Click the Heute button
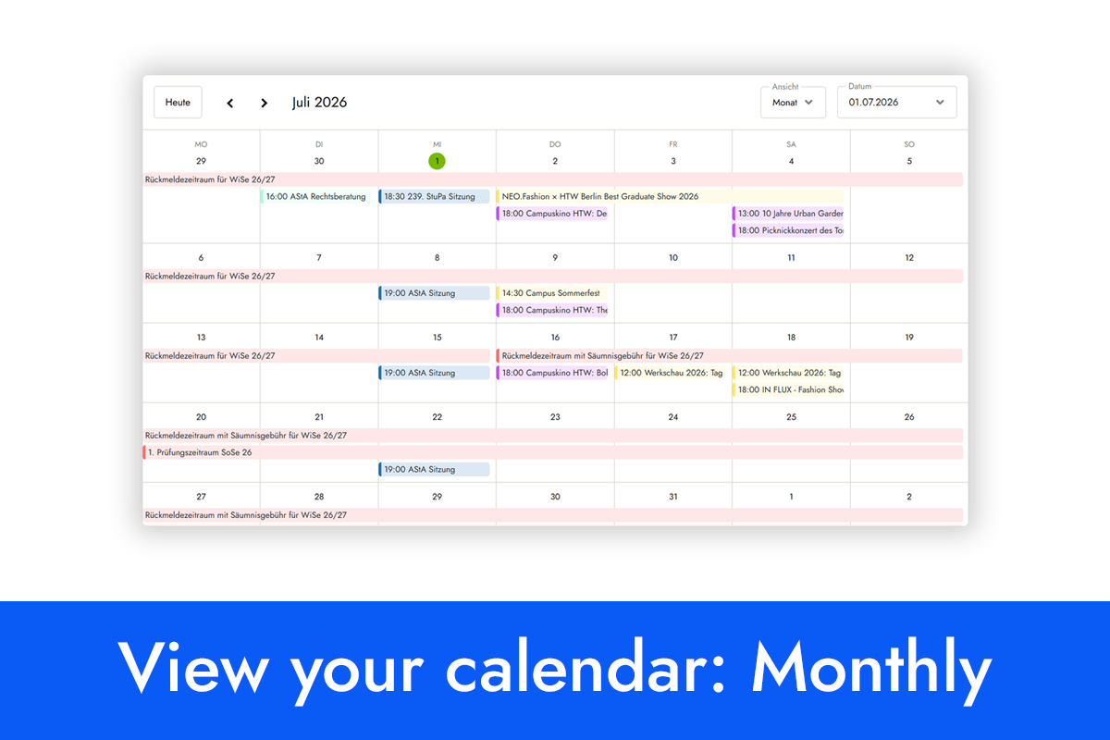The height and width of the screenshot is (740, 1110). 178,102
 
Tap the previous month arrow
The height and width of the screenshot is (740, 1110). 230,103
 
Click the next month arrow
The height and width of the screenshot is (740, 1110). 265,103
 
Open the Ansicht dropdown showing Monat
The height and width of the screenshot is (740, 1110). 793,102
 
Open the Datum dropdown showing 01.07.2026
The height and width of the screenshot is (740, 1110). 897,102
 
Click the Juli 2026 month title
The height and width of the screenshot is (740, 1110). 320,103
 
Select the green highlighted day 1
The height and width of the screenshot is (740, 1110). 437,161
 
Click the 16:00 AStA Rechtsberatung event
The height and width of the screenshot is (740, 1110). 315,196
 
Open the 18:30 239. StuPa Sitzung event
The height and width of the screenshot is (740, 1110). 434,196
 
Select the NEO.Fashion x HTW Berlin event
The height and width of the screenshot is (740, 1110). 670,196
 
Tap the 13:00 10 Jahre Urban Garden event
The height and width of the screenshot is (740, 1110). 788,213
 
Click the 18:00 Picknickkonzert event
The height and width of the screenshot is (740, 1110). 788,230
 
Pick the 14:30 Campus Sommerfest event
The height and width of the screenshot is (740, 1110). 552,293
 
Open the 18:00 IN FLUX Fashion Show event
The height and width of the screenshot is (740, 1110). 788,389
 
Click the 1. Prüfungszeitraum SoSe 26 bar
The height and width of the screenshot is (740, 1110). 553,452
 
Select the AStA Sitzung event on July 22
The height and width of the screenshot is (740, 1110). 434,469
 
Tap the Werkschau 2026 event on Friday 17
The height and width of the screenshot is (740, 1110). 670,373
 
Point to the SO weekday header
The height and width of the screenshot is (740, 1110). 908,144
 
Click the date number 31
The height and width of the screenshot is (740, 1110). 673,496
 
